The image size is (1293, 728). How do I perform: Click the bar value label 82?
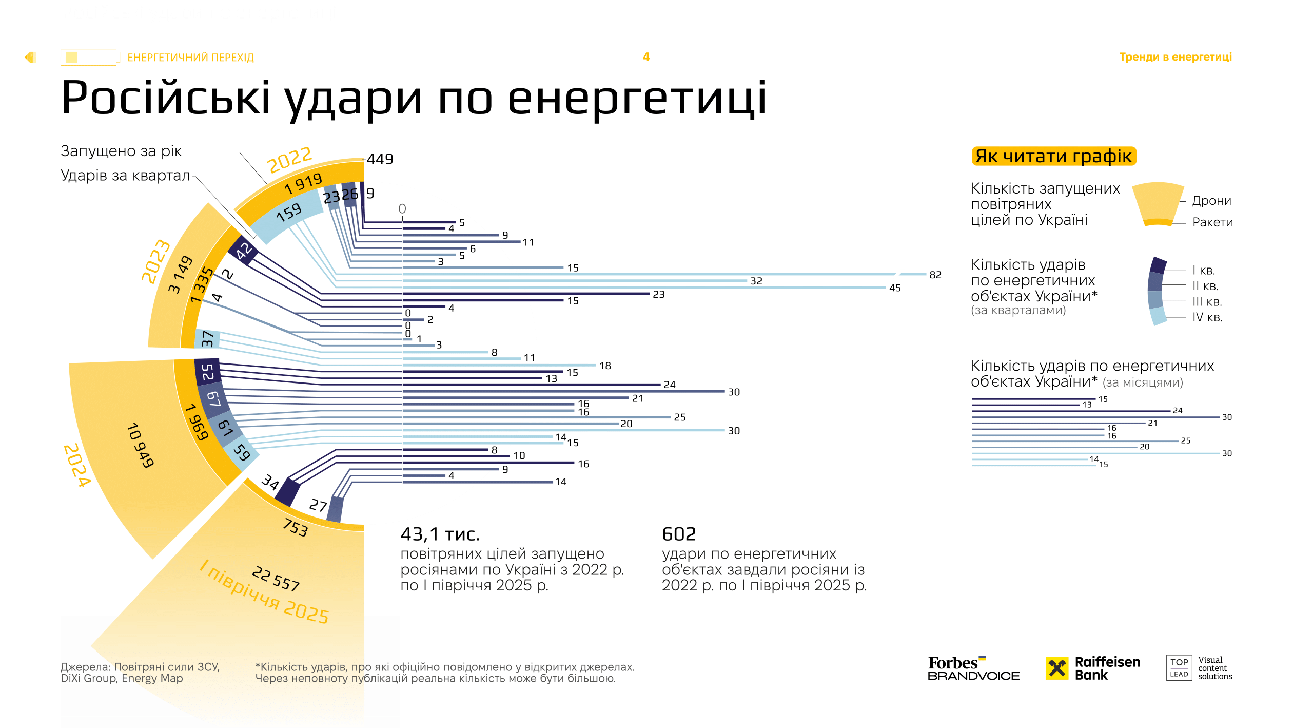coord(935,275)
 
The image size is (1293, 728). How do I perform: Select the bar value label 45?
coord(895,288)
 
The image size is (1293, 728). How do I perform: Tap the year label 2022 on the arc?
coord(289,160)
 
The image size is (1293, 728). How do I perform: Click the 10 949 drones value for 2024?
coord(140,445)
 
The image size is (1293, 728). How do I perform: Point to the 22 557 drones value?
coord(276,578)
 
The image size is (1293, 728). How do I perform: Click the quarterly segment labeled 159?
coord(289,213)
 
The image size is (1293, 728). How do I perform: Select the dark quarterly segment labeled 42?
coord(244,251)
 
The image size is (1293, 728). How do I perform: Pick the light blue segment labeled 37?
coord(207,339)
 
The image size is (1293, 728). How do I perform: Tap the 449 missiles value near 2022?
coord(380,159)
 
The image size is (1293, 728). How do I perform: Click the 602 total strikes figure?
coord(678,534)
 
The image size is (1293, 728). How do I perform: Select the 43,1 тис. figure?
coord(440,534)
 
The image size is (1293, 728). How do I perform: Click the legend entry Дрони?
coord(1211,201)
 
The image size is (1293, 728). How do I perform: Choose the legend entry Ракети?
coord(1212,222)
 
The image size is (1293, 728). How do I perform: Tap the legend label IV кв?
coord(1207,317)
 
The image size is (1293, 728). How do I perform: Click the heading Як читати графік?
coord(1053,156)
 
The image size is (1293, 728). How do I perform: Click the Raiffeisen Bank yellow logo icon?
coord(1056,668)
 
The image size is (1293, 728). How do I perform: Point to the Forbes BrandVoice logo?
coord(973,668)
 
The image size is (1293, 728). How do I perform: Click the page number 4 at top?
coord(646,57)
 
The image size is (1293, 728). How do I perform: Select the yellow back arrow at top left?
coord(30,57)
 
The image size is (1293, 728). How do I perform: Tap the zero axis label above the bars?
coord(402,208)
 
